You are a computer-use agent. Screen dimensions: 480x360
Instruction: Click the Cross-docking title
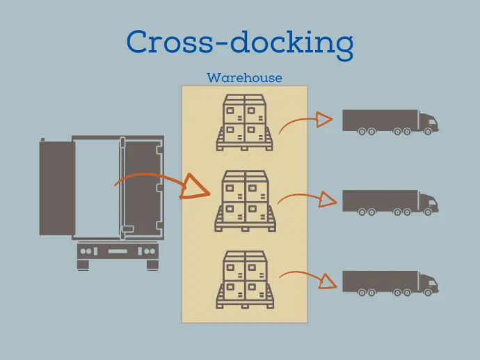[240, 43]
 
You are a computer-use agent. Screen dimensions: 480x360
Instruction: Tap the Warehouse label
[244, 78]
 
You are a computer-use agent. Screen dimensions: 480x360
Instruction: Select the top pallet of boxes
[244, 123]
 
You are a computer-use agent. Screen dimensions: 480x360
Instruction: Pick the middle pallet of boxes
[245, 201]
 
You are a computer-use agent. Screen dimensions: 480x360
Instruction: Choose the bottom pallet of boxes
[245, 280]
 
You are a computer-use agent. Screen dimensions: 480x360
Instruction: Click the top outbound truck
[390, 122]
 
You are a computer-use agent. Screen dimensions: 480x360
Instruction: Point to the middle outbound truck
[390, 203]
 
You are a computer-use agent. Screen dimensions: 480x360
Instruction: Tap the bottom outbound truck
[390, 283]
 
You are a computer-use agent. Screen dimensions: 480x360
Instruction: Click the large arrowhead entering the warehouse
[195, 187]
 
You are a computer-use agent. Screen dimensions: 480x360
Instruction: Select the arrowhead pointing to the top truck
[323, 120]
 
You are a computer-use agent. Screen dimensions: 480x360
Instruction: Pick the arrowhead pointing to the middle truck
[327, 199]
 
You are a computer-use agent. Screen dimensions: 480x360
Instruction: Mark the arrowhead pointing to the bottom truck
[327, 281]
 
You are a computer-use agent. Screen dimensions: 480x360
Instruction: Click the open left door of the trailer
[57, 188]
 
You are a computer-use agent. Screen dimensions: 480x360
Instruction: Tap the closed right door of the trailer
[143, 189]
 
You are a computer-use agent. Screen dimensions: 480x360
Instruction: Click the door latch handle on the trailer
[128, 229]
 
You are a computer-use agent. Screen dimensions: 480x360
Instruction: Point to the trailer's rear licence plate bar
[118, 251]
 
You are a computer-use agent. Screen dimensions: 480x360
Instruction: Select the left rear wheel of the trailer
[83, 265]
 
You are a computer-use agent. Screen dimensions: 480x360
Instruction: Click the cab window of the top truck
[433, 123]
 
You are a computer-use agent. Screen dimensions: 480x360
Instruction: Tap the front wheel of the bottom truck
[428, 292]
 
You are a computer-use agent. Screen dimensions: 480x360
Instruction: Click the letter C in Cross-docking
[137, 41]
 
